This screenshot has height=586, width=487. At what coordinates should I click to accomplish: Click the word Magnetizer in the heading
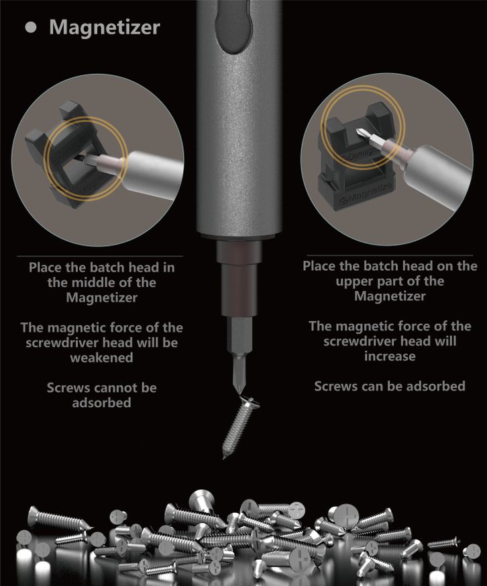click(105, 28)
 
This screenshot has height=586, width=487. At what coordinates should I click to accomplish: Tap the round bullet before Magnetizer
click(31, 28)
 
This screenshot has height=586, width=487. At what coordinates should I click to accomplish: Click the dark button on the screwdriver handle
click(233, 26)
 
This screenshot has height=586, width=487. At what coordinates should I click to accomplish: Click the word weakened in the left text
click(101, 358)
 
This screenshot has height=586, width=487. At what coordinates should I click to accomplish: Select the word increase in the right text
click(390, 356)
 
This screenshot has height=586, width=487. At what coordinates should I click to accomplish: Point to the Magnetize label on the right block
click(367, 193)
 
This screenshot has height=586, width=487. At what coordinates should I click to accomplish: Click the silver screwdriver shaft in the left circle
click(153, 173)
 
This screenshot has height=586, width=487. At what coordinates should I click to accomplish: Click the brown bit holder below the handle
click(239, 278)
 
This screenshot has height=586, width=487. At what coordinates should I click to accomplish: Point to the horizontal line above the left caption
click(100, 257)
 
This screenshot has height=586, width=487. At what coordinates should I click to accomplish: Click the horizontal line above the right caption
click(390, 255)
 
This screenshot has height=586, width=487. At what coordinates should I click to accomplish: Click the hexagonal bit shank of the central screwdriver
click(239, 335)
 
